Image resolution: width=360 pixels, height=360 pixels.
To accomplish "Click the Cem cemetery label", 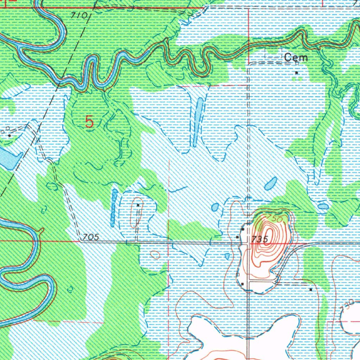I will coord(296,58).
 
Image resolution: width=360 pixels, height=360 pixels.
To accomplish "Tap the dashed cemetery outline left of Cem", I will coord(273,53).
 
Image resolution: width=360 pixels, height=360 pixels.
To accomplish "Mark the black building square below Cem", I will coord(296,73).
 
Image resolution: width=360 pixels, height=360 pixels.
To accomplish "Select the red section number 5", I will coord(90,122).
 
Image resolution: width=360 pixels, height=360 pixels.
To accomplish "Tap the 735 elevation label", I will coord(261,239).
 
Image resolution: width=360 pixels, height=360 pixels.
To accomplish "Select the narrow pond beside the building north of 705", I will coord(114,207).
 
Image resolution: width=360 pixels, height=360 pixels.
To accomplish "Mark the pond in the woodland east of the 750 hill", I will coord(323,207).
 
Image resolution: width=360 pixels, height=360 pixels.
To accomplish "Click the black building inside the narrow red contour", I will coord(138,205).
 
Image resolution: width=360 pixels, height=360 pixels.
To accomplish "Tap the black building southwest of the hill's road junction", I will coord(243,284).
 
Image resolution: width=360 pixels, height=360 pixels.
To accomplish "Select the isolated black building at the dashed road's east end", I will coord(311,289).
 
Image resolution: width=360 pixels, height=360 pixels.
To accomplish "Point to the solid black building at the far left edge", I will coord(9,135).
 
